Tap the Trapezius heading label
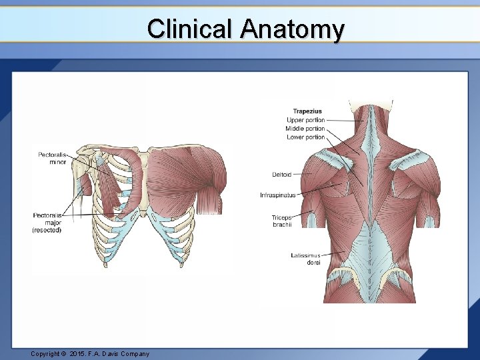tap(307, 111)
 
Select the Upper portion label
tap(305, 120)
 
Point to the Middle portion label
tap(305, 129)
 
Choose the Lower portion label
tap(305, 137)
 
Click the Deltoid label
tap(281, 175)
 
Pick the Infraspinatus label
tap(277, 195)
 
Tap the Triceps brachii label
tap(281, 221)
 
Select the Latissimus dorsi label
tap(306, 259)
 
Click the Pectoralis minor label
tap(52, 159)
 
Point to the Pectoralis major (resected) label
tap(47, 223)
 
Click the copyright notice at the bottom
tap(90, 353)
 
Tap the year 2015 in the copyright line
tap(79, 353)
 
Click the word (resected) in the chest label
tap(47, 230)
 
